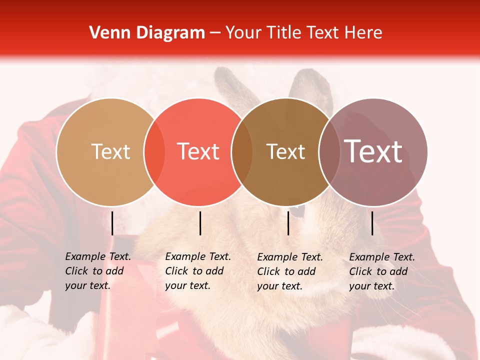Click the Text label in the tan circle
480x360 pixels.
[x=110, y=151]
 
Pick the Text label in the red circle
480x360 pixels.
[x=198, y=151]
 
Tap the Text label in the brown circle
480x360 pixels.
[x=285, y=151]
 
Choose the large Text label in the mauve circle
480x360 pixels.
[x=373, y=151]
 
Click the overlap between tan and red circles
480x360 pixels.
[x=154, y=152]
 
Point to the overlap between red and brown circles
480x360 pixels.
[x=242, y=152]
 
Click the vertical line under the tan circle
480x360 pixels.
[x=112, y=223]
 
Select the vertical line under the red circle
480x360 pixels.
[x=200, y=223]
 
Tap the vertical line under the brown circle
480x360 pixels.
[x=288, y=223]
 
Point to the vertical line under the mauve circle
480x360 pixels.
[x=372, y=223]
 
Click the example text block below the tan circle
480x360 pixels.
[x=98, y=271]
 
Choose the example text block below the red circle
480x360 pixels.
[x=198, y=271]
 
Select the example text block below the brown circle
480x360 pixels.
[x=290, y=271]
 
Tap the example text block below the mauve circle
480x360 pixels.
[x=382, y=271]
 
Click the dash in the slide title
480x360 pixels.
[x=215, y=33]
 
